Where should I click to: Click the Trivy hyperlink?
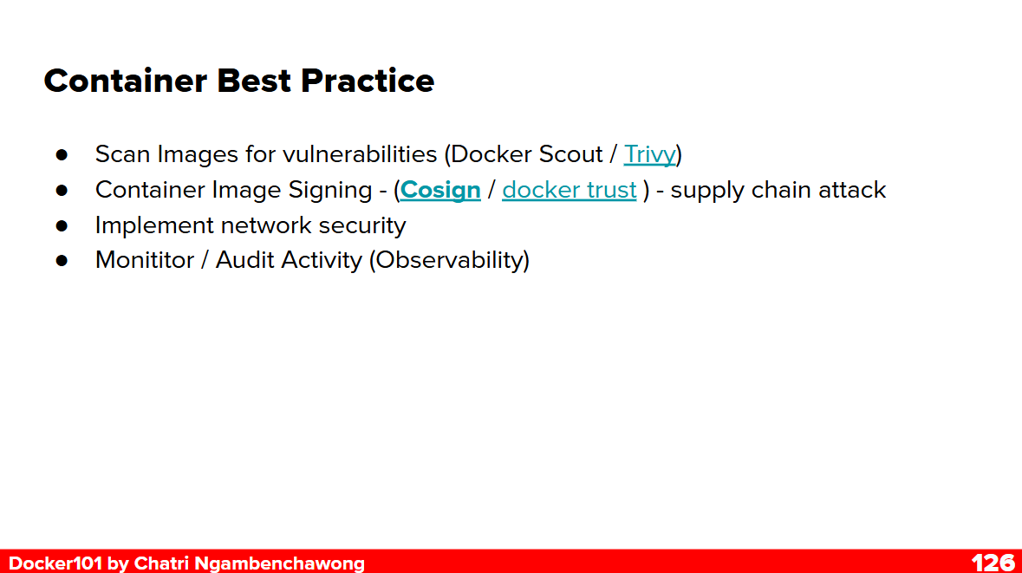650,155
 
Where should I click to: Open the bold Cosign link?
440,191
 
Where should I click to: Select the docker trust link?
569,190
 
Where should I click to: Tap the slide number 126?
993,563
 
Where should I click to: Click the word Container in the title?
125,81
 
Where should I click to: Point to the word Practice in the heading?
368,81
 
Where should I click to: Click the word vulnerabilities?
360,154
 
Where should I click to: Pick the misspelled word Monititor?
145,260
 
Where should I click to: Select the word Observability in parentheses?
449,261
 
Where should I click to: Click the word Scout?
571,154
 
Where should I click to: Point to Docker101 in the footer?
55,563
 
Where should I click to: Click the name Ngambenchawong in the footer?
280,563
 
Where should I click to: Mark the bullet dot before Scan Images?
62,155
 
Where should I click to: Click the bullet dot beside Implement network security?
62,225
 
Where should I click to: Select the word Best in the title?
253,81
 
